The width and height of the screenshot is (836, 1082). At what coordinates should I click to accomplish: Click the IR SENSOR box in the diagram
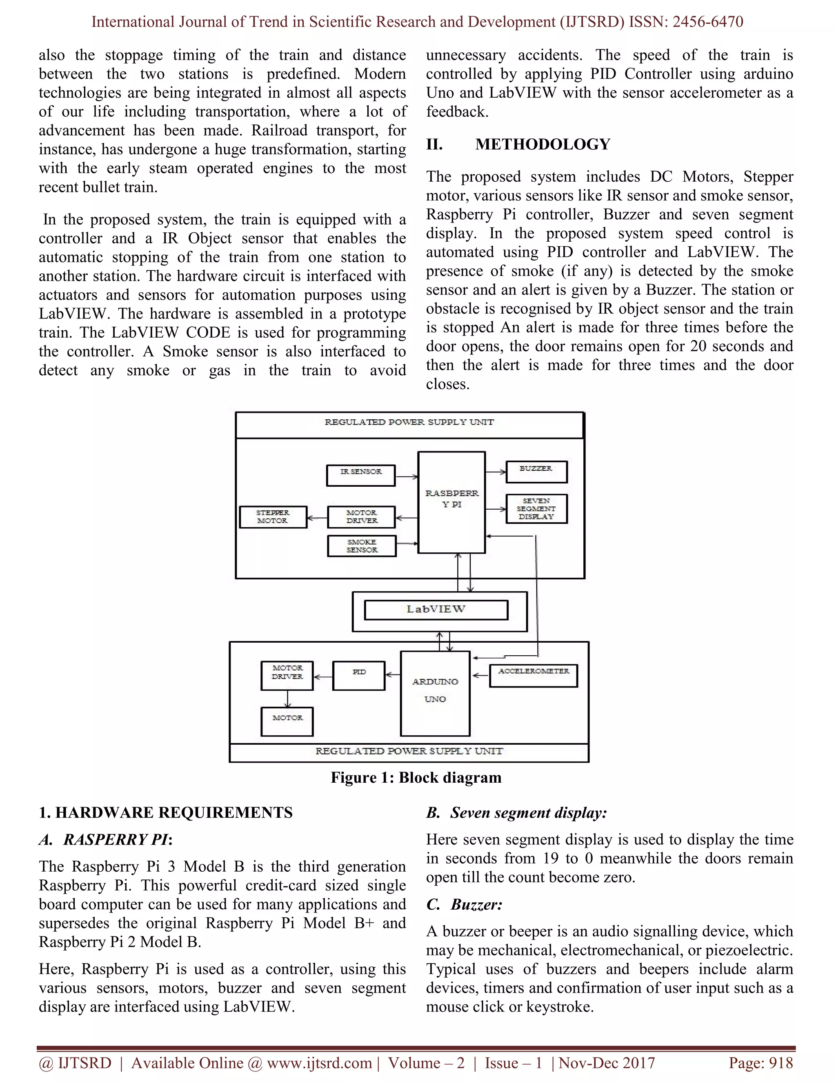click(360, 475)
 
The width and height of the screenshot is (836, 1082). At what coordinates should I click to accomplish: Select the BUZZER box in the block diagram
click(536, 471)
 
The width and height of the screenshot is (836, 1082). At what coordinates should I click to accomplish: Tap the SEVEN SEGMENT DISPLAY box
click(536, 509)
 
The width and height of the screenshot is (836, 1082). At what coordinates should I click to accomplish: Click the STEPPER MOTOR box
click(273, 517)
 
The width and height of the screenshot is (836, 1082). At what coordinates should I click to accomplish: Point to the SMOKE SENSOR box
click(362, 546)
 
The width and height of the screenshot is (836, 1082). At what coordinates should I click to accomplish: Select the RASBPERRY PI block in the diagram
click(451, 502)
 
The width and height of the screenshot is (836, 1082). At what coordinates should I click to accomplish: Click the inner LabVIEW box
click(436, 610)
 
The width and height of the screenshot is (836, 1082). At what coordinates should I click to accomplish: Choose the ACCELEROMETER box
click(534, 675)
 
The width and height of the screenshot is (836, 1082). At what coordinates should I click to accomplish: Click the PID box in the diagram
click(358, 675)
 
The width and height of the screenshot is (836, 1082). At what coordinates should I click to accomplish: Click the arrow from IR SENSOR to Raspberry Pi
click(407, 477)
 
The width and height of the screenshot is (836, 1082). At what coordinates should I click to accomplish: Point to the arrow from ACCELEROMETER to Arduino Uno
click(480, 675)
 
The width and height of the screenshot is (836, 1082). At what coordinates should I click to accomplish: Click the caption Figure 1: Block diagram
click(416, 777)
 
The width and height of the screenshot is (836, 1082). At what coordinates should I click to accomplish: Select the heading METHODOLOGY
click(543, 144)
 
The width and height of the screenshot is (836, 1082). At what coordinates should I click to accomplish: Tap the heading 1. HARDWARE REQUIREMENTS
click(165, 813)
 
